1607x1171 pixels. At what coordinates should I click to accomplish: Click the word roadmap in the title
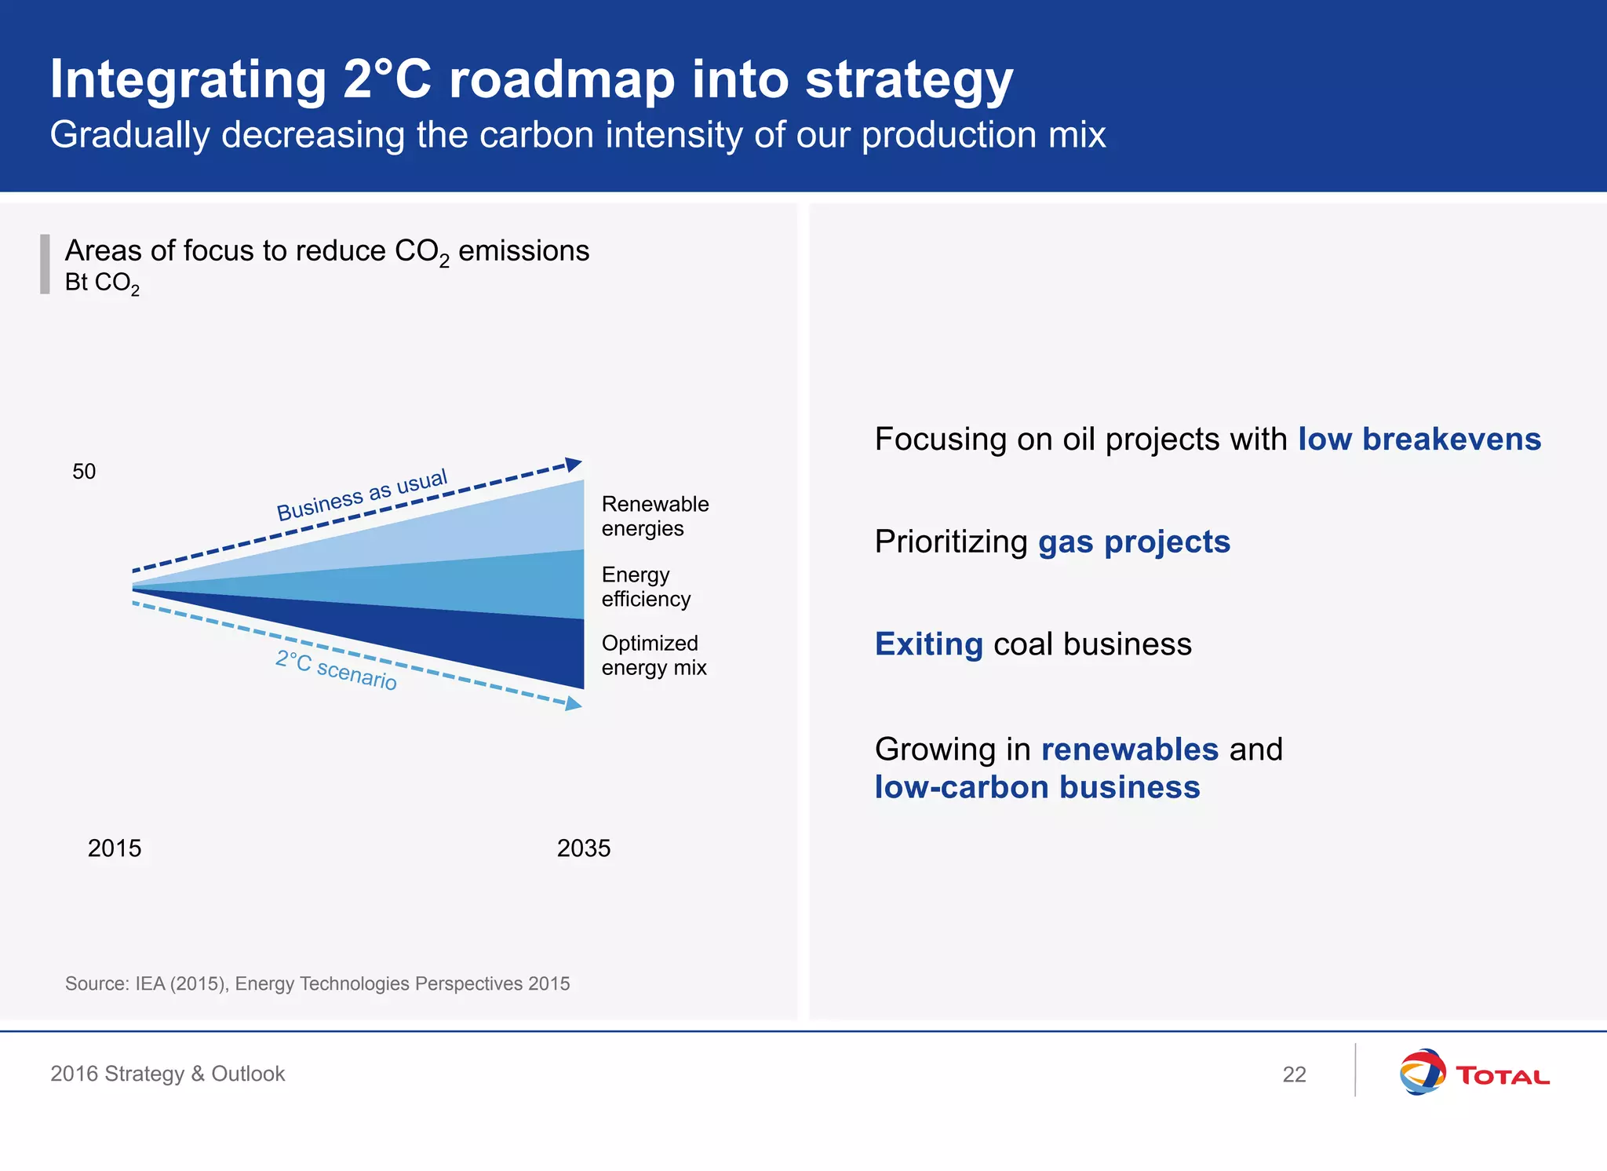point(561,80)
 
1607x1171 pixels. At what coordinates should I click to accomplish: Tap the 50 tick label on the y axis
point(84,471)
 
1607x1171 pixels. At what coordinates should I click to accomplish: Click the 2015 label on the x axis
point(115,848)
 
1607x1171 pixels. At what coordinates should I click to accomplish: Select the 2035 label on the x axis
point(583,848)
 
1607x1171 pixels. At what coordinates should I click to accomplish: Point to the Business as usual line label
point(362,494)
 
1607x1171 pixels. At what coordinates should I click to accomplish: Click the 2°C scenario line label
point(337,670)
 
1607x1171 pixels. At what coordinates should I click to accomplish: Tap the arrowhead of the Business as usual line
point(574,464)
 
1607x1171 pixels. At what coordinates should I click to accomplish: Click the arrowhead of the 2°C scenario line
point(574,703)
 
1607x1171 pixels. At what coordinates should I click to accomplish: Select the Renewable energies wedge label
point(654,516)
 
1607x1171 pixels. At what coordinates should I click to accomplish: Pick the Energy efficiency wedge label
point(645,586)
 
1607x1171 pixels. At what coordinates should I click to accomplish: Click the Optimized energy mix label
point(653,655)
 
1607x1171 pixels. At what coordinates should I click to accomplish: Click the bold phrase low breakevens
point(1419,439)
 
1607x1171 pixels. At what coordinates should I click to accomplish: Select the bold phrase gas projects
point(1134,542)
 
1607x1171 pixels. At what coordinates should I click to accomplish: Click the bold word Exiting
point(928,644)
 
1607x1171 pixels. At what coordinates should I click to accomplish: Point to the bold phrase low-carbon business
point(1037,787)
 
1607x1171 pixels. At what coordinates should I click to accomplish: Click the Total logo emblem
point(1422,1072)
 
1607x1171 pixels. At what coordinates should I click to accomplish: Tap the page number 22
point(1294,1074)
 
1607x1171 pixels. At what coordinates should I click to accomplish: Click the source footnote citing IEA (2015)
point(317,983)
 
